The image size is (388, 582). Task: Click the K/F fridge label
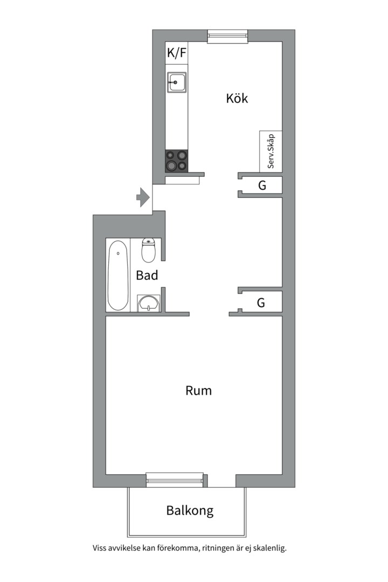(x=176, y=53)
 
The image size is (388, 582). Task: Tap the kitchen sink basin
(x=176, y=82)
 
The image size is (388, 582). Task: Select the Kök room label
(x=237, y=99)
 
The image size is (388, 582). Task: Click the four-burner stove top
(x=176, y=161)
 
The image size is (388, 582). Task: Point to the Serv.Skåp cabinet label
(x=271, y=151)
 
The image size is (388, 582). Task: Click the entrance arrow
(x=143, y=197)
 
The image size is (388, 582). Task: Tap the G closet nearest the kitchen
(x=262, y=185)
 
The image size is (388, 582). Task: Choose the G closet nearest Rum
(x=261, y=303)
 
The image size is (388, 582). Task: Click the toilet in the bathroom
(x=149, y=250)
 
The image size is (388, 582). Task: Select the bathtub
(x=118, y=275)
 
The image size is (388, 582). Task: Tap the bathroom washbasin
(x=149, y=303)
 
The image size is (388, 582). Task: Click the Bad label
(x=147, y=275)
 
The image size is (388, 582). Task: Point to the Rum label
(x=199, y=391)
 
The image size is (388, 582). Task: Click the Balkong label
(x=190, y=511)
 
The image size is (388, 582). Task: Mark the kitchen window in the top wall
(x=227, y=37)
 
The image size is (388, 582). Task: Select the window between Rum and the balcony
(x=175, y=480)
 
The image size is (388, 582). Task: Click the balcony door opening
(x=221, y=481)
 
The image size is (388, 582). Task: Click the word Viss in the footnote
(x=99, y=548)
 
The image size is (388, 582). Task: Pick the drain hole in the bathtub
(x=118, y=253)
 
